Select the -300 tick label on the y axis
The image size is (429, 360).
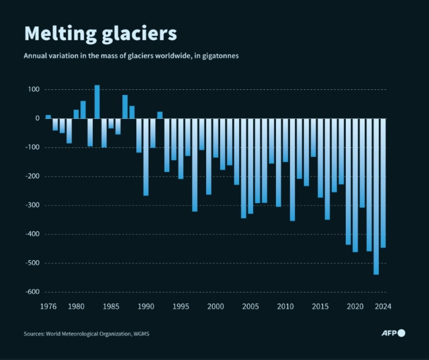[32, 205]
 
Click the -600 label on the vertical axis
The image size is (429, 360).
[32, 292]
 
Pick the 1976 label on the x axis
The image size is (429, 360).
[48, 307]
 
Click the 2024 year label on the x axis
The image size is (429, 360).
[383, 307]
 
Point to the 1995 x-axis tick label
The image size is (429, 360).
[181, 307]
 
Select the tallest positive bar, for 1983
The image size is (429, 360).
[97, 102]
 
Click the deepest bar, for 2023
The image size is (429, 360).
[376, 196]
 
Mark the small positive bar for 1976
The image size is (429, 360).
[48, 117]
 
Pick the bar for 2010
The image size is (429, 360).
[285, 140]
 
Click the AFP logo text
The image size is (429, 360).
[389, 333]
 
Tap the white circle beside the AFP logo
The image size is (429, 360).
[402, 333]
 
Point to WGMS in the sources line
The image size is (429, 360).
[141, 334]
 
